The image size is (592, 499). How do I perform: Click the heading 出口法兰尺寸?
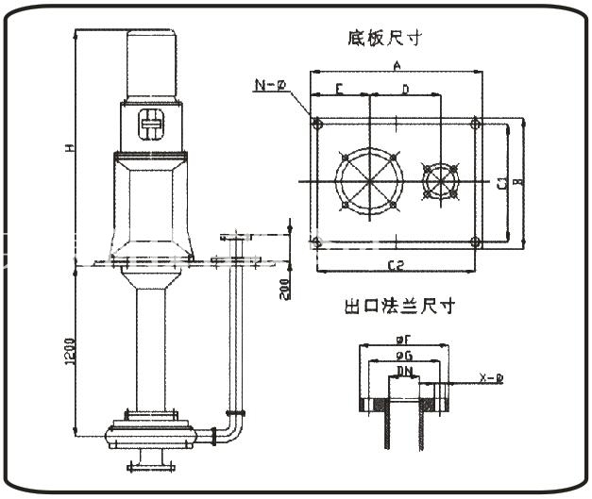click(400, 307)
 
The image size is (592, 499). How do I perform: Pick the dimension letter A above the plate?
click(398, 65)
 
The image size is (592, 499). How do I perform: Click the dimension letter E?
click(339, 90)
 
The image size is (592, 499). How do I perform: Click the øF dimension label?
click(404, 339)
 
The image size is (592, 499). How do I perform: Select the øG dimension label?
click(403, 356)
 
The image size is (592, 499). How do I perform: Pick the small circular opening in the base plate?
click(440, 179)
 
